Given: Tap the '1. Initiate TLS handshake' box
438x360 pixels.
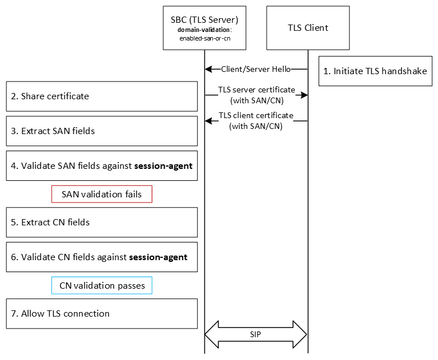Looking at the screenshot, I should click(x=375, y=71).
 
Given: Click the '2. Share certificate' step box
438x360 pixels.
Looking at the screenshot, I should click(x=102, y=96).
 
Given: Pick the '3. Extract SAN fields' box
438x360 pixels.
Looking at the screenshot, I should click(x=102, y=131).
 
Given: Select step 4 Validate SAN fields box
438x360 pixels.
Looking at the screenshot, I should click(x=102, y=166).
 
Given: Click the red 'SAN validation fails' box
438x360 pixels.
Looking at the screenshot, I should click(x=102, y=194).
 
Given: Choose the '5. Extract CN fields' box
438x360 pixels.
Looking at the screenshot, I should click(x=102, y=222).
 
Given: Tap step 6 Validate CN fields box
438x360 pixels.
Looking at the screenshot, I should click(x=102, y=257).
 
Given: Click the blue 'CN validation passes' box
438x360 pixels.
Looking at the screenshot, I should click(x=102, y=285).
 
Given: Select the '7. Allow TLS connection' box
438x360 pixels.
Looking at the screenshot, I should click(x=102, y=313).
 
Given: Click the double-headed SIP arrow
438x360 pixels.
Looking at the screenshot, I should click(x=256, y=334).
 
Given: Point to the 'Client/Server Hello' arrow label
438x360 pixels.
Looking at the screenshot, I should click(x=256, y=69).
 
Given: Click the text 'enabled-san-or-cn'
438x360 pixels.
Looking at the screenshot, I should click(x=204, y=39).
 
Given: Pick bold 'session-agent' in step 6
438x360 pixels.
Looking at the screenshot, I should click(x=158, y=257).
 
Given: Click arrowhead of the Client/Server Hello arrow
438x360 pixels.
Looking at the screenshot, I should click(x=208, y=69).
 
